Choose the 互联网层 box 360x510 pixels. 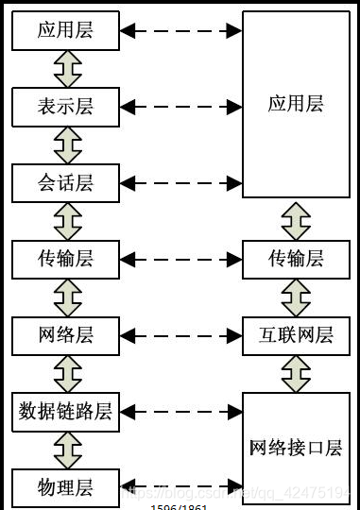coord(296,334)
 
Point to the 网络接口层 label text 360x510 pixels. coord(296,448)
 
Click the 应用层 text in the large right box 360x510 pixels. coord(296,104)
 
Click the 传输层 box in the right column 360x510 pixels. coord(296,258)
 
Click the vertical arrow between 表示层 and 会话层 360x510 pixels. coord(67,144)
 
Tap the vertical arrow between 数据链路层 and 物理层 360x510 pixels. coord(67,450)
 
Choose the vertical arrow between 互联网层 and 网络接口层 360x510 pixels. coord(297,373)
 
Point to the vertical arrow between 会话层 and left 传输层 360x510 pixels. coord(67,220)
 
